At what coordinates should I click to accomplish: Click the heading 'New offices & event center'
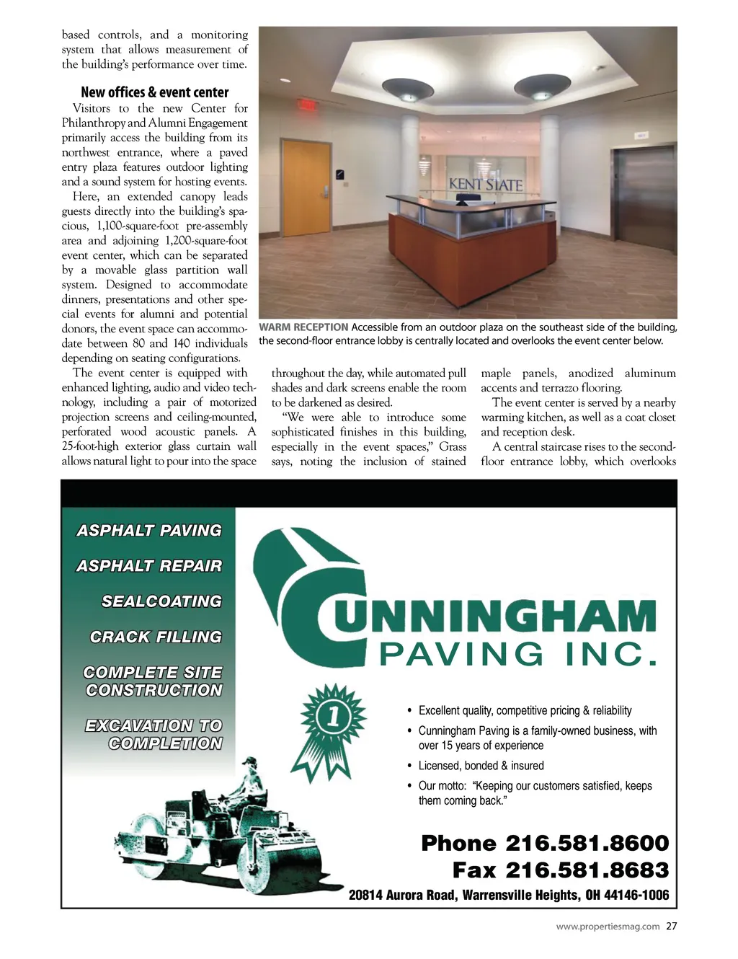pyautogui.click(x=155, y=92)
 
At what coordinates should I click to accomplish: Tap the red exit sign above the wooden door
pyautogui.click(x=308, y=105)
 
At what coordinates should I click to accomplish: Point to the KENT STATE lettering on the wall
pyautogui.click(x=486, y=185)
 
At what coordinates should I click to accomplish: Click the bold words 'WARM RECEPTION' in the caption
pyautogui.click(x=303, y=327)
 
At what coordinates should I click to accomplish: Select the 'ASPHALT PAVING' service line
pyautogui.click(x=149, y=531)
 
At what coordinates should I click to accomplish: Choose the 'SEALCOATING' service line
pyautogui.click(x=161, y=601)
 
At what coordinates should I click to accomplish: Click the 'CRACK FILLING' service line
pyautogui.click(x=156, y=637)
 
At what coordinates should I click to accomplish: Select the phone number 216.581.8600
pyautogui.click(x=587, y=843)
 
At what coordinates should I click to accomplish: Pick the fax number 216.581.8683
pyautogui.click(x=587, y=870)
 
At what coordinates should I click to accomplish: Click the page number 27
pyautogui.click(x=672, y=927)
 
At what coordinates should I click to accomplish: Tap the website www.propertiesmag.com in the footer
pyautogui.click(x=608, y=927)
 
